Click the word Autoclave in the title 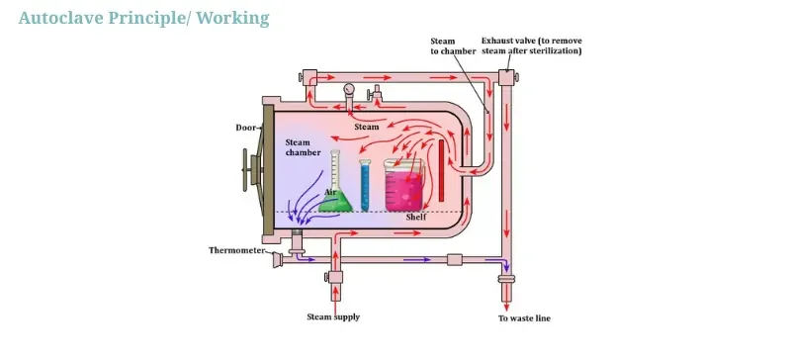point(58,18)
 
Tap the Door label point(246,128)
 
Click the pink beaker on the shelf point(404,188)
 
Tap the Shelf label point(416,217)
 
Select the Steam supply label point(333,317)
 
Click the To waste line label point(524,318)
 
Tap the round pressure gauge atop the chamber point(349,90)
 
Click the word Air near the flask point(331,193)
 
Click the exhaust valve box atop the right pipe point(506,77)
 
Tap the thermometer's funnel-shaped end point(278,260)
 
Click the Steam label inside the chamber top point(367,127)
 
